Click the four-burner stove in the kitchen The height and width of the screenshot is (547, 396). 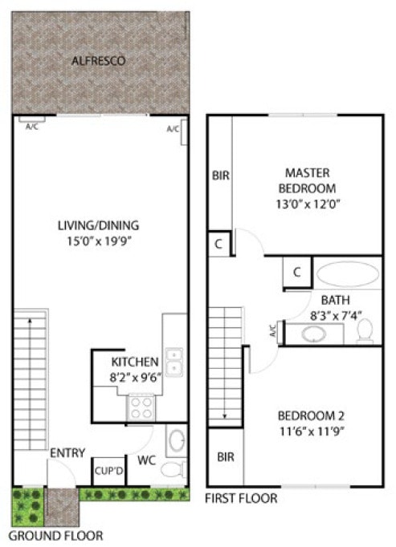(141, 409)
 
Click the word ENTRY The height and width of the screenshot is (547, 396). (67, 453)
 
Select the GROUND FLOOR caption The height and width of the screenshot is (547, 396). (55, 534)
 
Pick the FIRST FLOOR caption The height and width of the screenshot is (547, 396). (241, 498)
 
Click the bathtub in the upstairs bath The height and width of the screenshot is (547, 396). (347, 275)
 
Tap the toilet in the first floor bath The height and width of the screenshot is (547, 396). (365, 329)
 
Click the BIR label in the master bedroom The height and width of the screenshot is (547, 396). (220, 176)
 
